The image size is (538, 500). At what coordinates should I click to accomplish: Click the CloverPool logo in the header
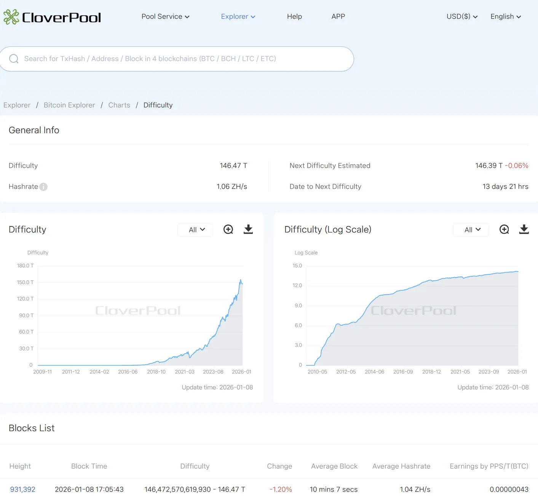pyautogui.click(x=52, y=17)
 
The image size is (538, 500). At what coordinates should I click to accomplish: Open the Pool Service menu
pyautogui.click(x=165, y=16)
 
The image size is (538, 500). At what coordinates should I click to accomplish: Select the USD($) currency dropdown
pyautogui.click(x=462, y=16)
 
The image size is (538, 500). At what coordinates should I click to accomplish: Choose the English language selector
pyautogui.click(x=506, y=16)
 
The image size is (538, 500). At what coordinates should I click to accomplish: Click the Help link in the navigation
pyautogui.click(x=294, y=16)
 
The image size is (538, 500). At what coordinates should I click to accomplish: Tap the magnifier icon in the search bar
pyautogui.click(x=14, y=59)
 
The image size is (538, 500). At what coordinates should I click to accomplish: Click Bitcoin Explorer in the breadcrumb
pyautogui.click(x=69, y=105)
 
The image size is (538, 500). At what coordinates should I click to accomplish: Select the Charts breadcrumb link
pyautogui.click(x=119, y=105)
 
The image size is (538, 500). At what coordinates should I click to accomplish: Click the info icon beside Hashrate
pyautogui.click(x=43, y=187)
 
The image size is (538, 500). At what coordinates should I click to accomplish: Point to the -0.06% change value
pyautogui.click(x=517, y=166)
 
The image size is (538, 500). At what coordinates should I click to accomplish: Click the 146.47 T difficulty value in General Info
pyautogui.click(x=233, y=166)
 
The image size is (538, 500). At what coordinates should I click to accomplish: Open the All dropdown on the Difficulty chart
pyautogui.click(x=196, y=229)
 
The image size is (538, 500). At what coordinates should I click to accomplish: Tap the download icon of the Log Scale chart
pyautogui.click(x=524, y=229)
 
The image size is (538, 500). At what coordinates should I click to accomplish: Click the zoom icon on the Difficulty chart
pyautogui.click(x=228, y=229)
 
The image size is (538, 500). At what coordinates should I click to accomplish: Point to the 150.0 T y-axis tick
pyautogui.click(x=25, y=282)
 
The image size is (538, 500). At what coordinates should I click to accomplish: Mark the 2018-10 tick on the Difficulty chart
pyautogui.click(x=156, y=372)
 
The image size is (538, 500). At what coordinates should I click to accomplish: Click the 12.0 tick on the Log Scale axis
pyautogui.click(x=297, y=285)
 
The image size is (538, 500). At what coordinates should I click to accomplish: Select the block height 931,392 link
pyautogui.click(x=22, y=489)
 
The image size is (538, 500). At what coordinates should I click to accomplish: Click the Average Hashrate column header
pyautogui.click(x=401, y=466)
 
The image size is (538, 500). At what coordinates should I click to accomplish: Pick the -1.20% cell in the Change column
pyautogui.click(x=281, y=489)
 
